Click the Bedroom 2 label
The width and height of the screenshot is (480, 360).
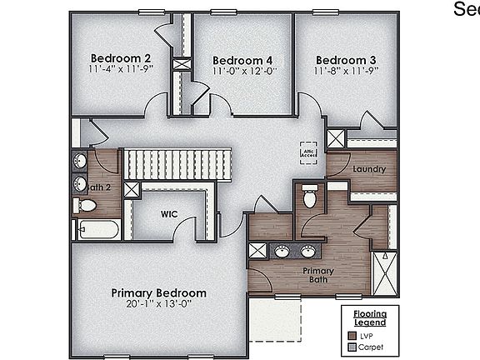pos(120,57)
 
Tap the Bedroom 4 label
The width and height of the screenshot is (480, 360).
pos(242,60)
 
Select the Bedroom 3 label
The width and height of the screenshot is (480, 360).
pos(346,60)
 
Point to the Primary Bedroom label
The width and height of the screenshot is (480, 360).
pos(159,293)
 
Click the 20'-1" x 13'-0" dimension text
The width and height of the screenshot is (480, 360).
pos(159,305)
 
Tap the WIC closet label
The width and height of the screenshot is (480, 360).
pos(169,214)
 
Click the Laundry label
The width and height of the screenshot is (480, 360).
pos(369,169)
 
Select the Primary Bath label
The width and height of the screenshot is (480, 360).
pos(318,276)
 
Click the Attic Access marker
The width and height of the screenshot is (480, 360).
pos(309,152)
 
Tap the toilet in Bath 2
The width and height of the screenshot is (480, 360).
pos(86,205)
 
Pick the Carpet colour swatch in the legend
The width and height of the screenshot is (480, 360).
pos(351,346)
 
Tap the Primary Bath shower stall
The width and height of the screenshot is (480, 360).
pos(384,273)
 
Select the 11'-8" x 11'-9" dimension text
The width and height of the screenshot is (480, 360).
pos(346,72)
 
